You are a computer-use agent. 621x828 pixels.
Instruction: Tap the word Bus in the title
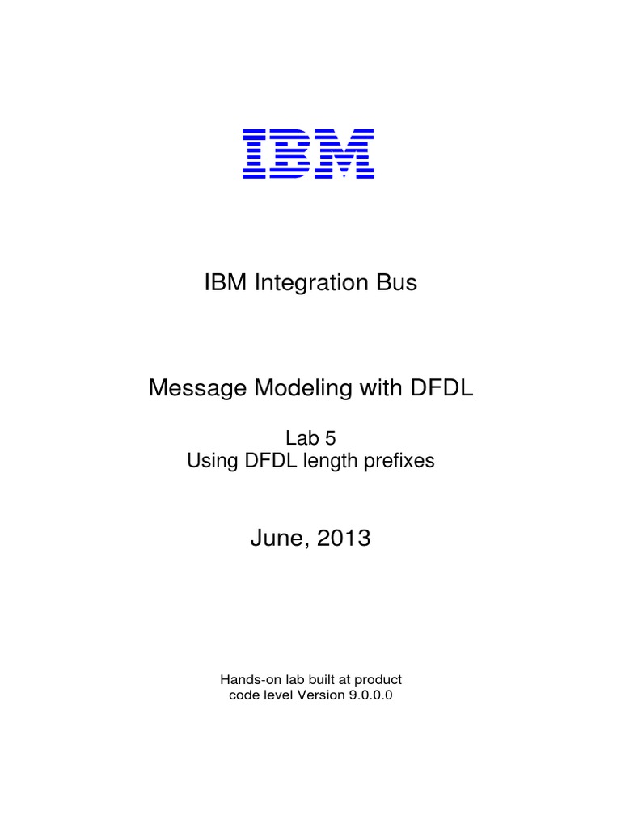click(x=397, y=284)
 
